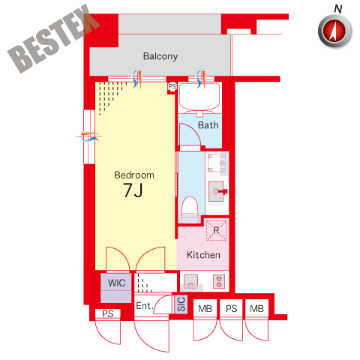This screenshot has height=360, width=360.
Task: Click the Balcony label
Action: point(160,56)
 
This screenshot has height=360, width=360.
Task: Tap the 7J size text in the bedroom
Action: point(133,190)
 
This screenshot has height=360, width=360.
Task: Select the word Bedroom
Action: point(134,175)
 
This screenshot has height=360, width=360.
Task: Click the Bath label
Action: point(208,125)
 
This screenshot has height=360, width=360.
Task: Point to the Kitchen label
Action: point(203,255)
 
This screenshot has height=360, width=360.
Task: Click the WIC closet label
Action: point(116,283)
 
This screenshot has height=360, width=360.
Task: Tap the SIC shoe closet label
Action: point(181,304)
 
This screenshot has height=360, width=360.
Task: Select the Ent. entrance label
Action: point(144,306)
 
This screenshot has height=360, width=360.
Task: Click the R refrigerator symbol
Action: point(216,230)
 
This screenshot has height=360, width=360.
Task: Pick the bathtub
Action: point(199,96)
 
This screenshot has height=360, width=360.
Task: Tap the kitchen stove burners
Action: point(219,281)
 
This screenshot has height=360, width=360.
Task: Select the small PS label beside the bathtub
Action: point(172,86)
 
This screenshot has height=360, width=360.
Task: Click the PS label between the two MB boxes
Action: point(231,309)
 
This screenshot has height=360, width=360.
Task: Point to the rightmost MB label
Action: point(256,309)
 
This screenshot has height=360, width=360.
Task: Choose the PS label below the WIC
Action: point(108,313)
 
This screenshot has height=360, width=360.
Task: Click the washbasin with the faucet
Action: point(217,191)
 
